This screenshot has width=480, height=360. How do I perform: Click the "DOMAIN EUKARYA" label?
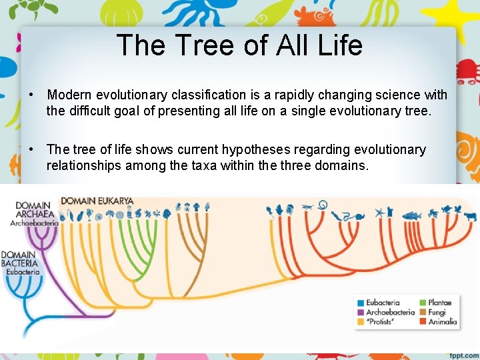(97, 200)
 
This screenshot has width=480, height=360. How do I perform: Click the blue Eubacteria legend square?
(361, 303)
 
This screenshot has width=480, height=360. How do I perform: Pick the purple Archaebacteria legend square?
(361, 312)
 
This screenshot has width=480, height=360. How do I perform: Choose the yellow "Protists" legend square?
(361, 321)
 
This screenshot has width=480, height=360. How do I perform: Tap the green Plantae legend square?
(423, 303)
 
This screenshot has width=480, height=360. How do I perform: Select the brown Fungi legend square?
(423, 312)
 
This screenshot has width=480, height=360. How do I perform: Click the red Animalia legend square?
(423, 321)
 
